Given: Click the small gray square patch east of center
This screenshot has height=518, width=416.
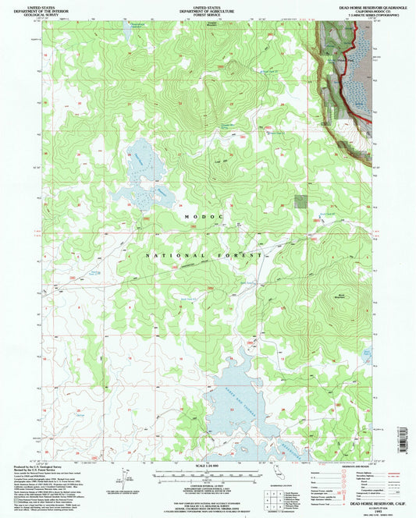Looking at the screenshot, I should (x=300, y=200).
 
